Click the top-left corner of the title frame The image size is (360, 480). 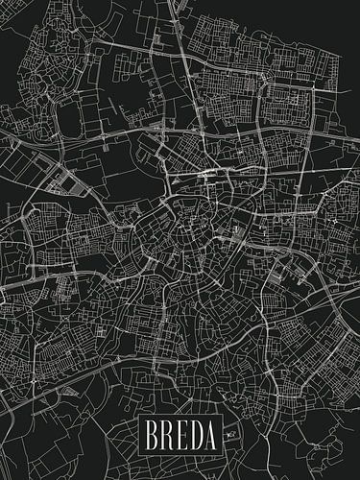138,420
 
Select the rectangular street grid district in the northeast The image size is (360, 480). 288,96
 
